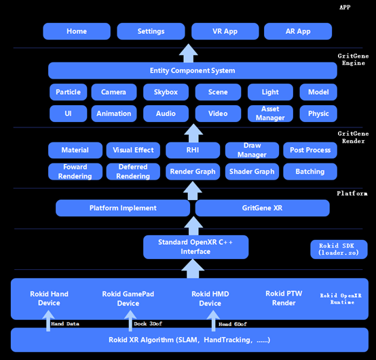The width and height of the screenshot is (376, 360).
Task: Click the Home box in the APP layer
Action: click(x=77, y=31)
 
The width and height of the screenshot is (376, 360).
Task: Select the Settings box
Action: click(x=151, y=31)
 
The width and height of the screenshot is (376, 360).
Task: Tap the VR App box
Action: click(x=225, y=31)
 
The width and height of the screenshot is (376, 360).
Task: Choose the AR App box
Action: click(x=298, y=31)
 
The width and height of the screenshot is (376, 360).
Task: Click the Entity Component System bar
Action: click(x=193, y=71)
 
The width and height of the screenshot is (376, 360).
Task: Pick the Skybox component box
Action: click(x=166, y=92)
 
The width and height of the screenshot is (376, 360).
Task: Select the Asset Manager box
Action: click(x=270, y=113)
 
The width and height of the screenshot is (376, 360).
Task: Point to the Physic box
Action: click(x=318, y=113)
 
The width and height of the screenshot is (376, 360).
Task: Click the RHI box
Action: click(x=193, y=151)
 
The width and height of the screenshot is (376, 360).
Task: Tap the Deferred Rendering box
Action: click(x=133, y=172)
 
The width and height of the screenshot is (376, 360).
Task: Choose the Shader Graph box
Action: click(x=252, y=172)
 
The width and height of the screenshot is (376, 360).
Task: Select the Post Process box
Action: click(x=310, y=151)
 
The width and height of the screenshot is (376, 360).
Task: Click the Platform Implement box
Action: click(x=123, y=208)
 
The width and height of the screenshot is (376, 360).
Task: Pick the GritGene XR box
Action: click(x=263, y=208)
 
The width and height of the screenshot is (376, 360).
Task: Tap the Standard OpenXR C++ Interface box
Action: click(x=195, y=247)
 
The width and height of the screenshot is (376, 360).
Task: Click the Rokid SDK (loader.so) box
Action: click(x=339, y=249)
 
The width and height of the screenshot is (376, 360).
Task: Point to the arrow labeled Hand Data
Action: click(x=48, y=321)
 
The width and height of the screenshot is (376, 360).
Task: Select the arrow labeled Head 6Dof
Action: click(x=213, y=321)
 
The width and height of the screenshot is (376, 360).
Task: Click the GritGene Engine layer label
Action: click(x=353, y=60)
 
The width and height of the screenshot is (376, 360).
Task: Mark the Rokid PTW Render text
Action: click(x=284, y=298)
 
